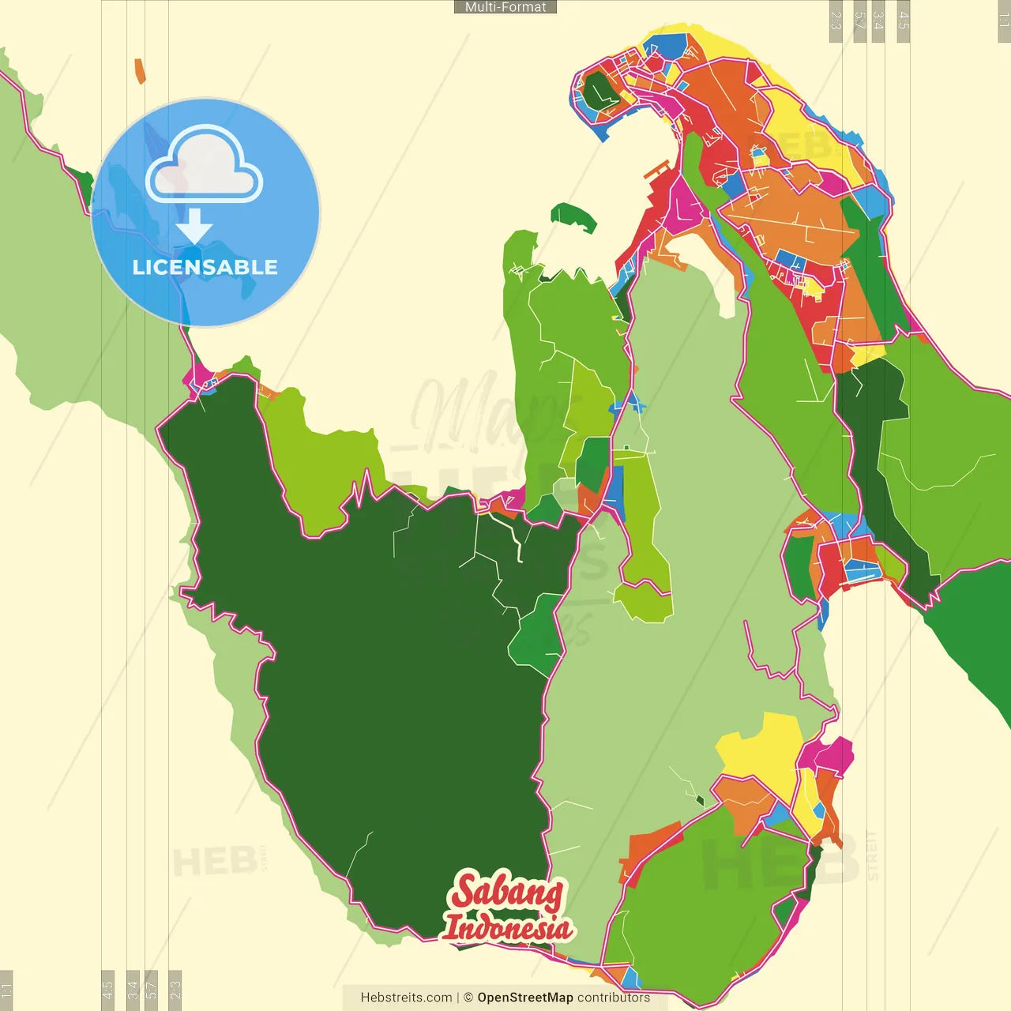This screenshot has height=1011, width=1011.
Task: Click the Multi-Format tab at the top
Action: [x=505, y=7]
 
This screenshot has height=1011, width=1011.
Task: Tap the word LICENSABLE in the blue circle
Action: [x=205, y=267]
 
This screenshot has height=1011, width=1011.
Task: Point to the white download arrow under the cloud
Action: [x=194, y=227]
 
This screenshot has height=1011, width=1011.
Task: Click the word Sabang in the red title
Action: [x=507, y=892]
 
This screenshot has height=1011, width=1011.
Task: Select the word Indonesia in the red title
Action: [x=507, y=927]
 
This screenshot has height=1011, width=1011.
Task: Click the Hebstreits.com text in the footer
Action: [x=406, y=998]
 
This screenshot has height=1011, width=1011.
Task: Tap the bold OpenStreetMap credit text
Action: [x=525, y=998]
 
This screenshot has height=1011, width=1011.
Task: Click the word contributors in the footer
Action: [x=614, y=998]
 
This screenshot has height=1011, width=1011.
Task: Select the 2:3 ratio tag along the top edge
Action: [x=836, y=21]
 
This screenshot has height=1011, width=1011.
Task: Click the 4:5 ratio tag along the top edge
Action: [x=904, y=21]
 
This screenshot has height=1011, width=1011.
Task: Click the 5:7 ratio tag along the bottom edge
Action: [x=152, y=989]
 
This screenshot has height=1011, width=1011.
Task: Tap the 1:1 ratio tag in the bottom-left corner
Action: [x=6, y=989]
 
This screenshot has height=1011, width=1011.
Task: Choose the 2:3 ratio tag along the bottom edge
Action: [x=175, y=989]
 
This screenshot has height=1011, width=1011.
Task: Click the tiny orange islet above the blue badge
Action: [x=140, y=71]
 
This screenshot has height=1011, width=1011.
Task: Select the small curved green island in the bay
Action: [x=574, y=216]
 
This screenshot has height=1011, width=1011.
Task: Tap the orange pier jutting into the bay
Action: [x=656, y=169]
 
